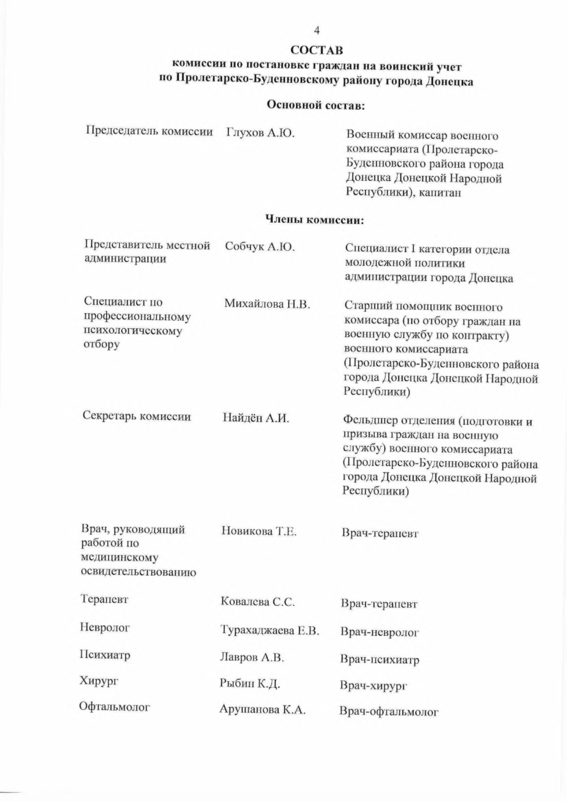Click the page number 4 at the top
[317, 31]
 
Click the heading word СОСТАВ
[317, 49]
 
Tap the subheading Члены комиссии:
[315, 220]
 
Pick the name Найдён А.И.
[256, 418]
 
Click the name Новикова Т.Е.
[259, 531]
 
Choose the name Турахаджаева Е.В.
[269, 631]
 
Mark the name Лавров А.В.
[252, 658]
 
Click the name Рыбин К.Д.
[250, 684]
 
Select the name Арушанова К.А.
[262, 710]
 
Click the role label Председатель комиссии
[149, 132]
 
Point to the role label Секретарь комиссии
[136, 416]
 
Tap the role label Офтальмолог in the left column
[115, 707]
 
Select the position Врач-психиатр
[379, 659]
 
